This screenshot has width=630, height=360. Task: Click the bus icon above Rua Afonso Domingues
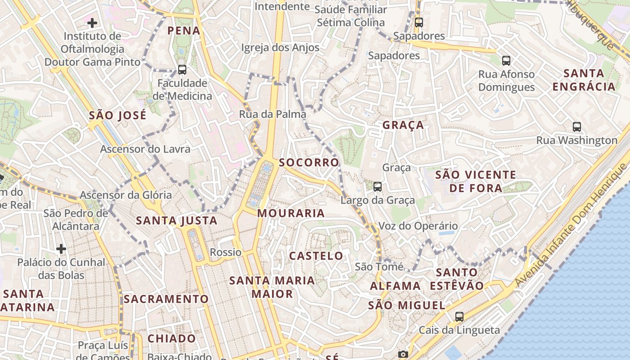(506, 61)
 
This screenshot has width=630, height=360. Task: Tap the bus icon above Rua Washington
(577, 127)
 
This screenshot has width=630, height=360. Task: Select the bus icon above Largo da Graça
(378, 186)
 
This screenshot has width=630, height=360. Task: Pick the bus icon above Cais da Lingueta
(459, 317)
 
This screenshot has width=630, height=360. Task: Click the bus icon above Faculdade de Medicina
(182, 70)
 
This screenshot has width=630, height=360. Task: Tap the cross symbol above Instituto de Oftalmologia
(92, 23)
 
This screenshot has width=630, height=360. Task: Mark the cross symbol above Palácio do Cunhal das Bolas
(61, 249)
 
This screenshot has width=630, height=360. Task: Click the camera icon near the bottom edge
(403, 355)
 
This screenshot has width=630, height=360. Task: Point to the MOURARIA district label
(291, 213)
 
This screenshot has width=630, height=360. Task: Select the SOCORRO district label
(309, 162)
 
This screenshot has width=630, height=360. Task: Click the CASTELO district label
(316, 256)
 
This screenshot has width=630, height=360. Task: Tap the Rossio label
(226, 252)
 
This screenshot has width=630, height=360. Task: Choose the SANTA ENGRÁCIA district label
(584, 80)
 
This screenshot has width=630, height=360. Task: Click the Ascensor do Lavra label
(145, 149)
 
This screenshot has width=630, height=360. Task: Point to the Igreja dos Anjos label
(280, 48)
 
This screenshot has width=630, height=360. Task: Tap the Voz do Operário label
(418, 226)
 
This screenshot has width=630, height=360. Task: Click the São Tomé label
(379, 267)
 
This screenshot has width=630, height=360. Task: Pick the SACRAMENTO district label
(166, 299)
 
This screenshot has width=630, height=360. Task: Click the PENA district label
(184, 31)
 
